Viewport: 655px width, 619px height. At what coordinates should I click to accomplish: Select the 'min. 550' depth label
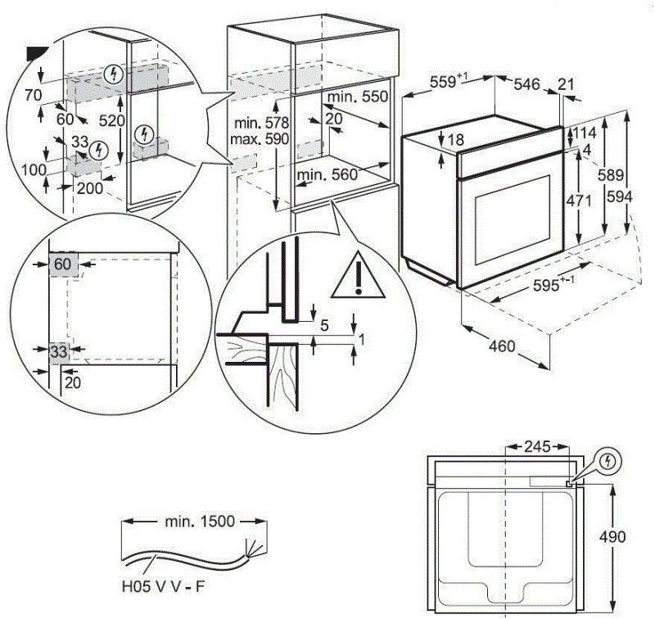coord(357,97)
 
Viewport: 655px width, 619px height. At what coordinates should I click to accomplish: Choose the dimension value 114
coord(584,133)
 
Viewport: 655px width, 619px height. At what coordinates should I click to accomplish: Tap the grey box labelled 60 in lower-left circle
coord(62,264)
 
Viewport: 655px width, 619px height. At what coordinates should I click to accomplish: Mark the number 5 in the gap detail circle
coord(324,325)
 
